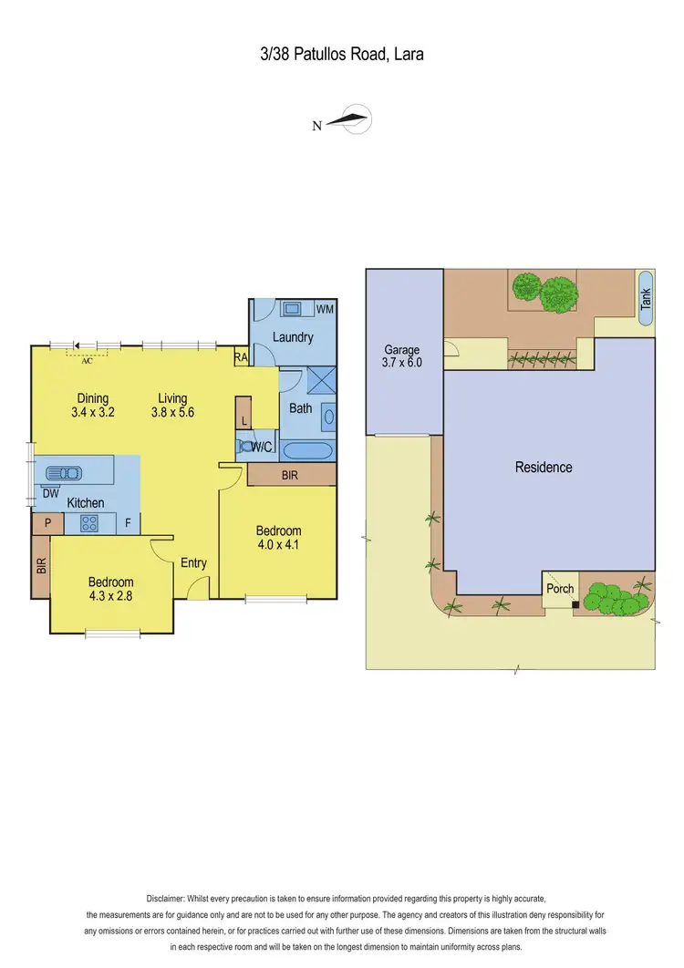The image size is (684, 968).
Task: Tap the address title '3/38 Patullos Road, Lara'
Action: tap(341, 55)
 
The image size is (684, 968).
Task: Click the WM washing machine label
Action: tap(325, 310)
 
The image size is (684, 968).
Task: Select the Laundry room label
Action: tap(293, 337)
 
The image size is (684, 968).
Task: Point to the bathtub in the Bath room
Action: tap(308, 450)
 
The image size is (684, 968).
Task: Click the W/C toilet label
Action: tap(264, 447)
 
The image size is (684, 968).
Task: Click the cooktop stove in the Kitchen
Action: tap(89, 523)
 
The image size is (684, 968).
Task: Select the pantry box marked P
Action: tap(46, 523)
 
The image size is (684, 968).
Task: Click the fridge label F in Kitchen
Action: tap(128, 523)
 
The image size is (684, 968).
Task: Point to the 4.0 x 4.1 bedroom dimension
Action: tap(278, 546)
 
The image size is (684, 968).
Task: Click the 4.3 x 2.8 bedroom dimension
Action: tap(110, 597)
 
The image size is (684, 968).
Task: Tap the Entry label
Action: tap(193, 563)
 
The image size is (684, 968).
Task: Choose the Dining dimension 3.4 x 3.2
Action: tap(93, 412)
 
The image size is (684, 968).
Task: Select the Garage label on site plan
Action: tap(401, 350)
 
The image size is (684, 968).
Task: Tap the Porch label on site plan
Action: tap(560, 589)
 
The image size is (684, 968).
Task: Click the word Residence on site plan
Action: tap(544, 468)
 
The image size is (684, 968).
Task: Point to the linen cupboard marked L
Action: tap(244, 421)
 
